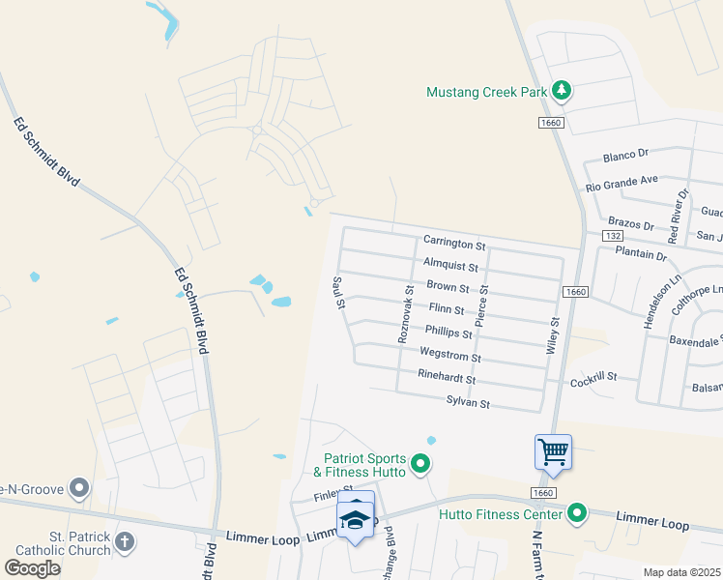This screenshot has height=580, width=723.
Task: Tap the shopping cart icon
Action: tap(553, 451)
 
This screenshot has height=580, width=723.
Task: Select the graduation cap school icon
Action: tap(356, 520)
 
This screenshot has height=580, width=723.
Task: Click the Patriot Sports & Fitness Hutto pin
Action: tap(420, 466)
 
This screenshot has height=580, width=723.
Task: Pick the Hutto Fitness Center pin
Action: tap(578, 512)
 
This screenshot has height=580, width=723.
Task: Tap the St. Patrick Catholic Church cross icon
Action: tap(125, 542)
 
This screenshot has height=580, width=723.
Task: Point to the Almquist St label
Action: tap(450, 264)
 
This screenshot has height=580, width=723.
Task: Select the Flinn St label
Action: tap(447, 310)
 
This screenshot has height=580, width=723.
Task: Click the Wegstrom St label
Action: tap(449, 357)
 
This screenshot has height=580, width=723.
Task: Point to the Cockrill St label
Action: tap(593, 379)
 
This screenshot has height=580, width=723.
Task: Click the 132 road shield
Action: tap(611, 236)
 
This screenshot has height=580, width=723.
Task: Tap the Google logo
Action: tap(33, 567)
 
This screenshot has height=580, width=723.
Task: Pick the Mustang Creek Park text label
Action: tap(486, 93)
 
